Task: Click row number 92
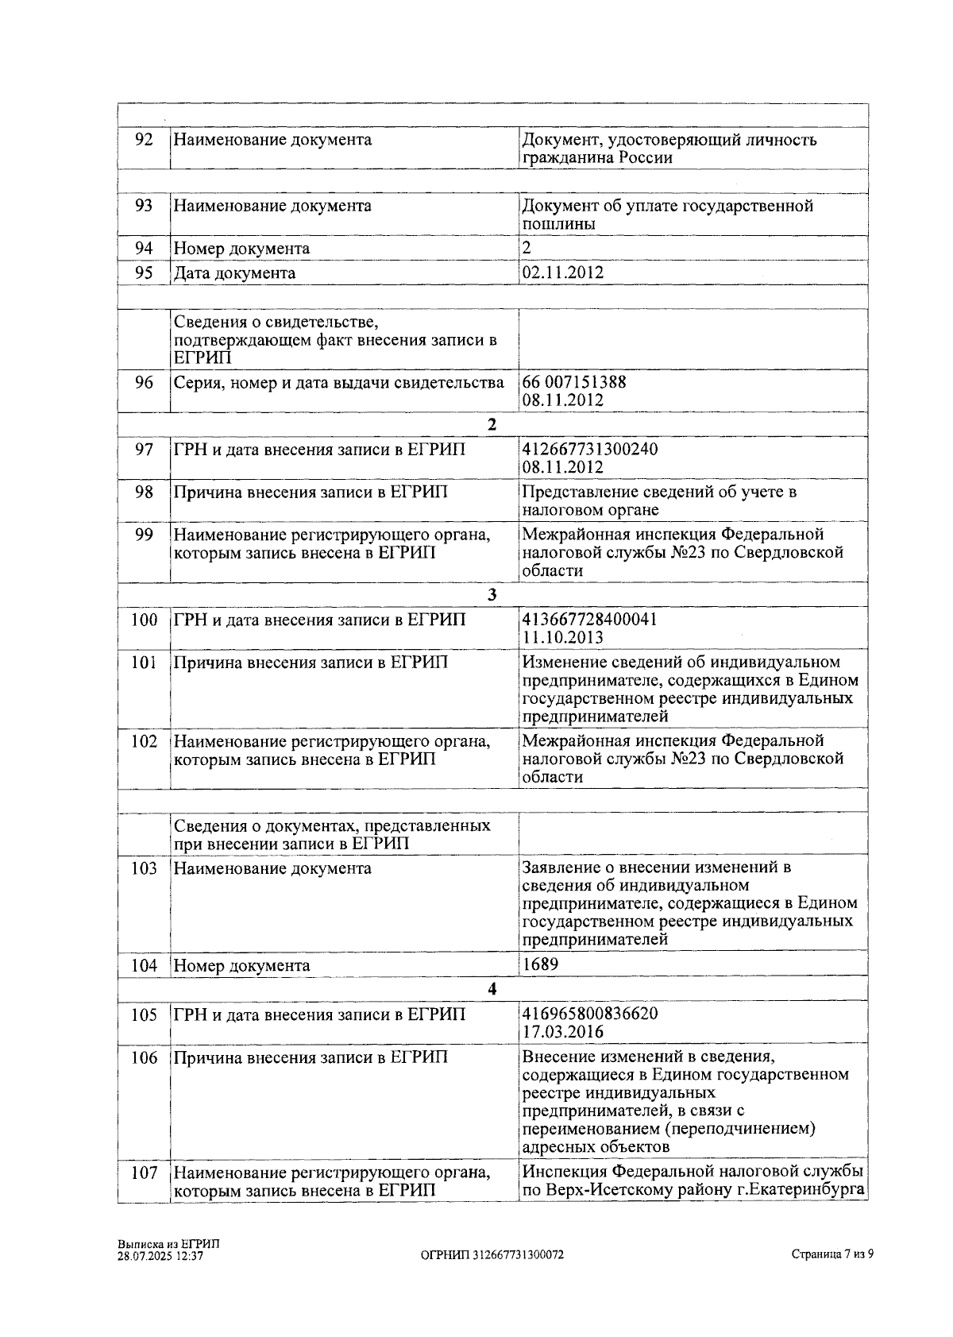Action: pyautogui.click(x=144, y=140)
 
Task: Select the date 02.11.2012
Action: pyautogui.click(x=562, y=272)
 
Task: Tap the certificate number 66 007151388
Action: pyautogui.click(x=573, y=382)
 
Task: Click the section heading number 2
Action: pyautogui.click(x=492, y=424)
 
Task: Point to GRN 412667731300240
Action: pyautogui.click(x=589, y=450)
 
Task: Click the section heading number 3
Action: pyautogui.click(x=492, y=595)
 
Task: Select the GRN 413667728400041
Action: pyautogui.click(x=589, y=620)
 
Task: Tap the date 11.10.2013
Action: pyautogui.click(x=562, y=637)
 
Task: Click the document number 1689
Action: pyautogui.click(x=540, y=964)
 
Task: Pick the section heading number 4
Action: pyautogui.click(x=492, y=989)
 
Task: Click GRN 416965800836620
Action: pyautogui.click(x=589, y=1014)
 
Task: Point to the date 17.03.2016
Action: pyautogui.click(x=562, y=1032)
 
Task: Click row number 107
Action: pyautogui.click(x=144, y=1173)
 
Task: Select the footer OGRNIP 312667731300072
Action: pyautogui.click(x=492, y=1255)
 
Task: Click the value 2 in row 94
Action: pyautogui.click(x=526, y=248)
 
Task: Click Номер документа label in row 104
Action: pyautogui.click(x=241, y=966)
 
